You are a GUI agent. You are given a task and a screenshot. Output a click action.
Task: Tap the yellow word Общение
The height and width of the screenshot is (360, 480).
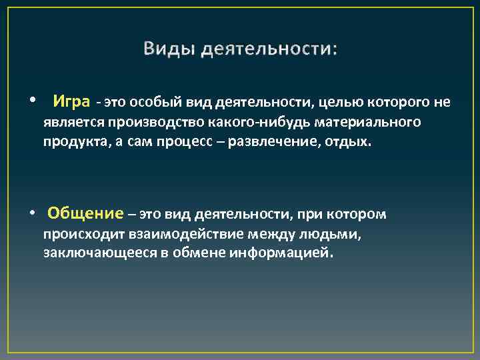[85, 214]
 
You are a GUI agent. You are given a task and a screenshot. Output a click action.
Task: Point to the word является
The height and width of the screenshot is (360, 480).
[69, 123]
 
